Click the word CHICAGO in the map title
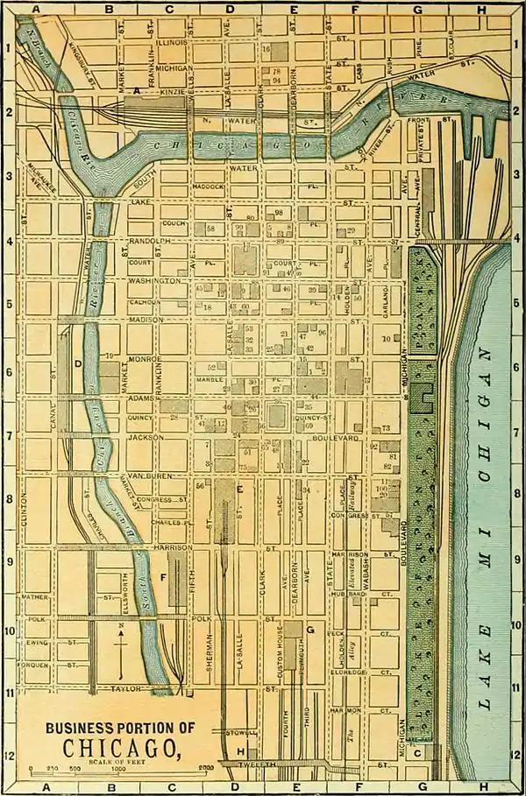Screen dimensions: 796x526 tap(121, 747)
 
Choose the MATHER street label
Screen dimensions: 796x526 tap(37, 597)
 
